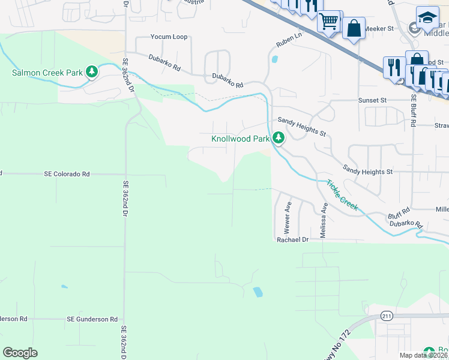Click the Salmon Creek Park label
47,73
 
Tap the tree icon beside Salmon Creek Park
92,73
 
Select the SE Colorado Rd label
67,174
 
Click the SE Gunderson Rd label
92,319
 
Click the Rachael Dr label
292,239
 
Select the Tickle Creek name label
342,196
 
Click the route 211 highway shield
386,316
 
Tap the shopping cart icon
328,22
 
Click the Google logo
20,353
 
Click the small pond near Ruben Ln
274,59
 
